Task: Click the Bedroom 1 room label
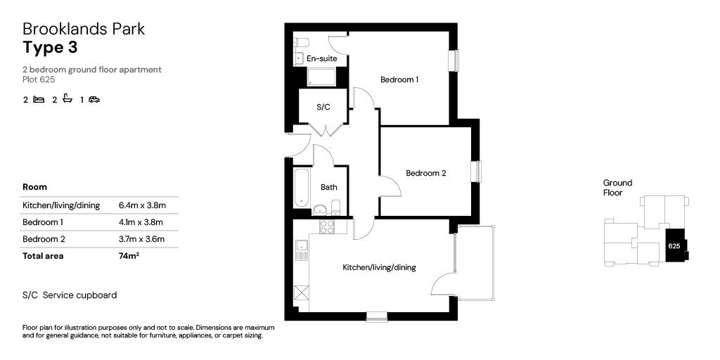point(399,79)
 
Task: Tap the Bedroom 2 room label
point(425,173)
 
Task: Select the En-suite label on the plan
point(321,58)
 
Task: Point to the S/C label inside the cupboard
point(323,107)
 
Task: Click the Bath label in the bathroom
point(328,187)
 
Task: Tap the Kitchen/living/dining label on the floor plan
point(379,267)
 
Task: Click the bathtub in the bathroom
point(301,188)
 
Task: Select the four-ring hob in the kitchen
point(328,226)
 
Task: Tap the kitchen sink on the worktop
point(302,246)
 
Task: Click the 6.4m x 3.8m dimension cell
point(142,205)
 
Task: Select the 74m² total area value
point(129,256)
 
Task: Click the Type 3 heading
point(50,48)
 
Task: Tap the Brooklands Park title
point(84,29)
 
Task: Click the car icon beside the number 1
point(94,100)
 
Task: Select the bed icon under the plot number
point(39,100)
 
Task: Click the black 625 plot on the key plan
point(674,246)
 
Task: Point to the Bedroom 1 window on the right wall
point(454,60)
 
